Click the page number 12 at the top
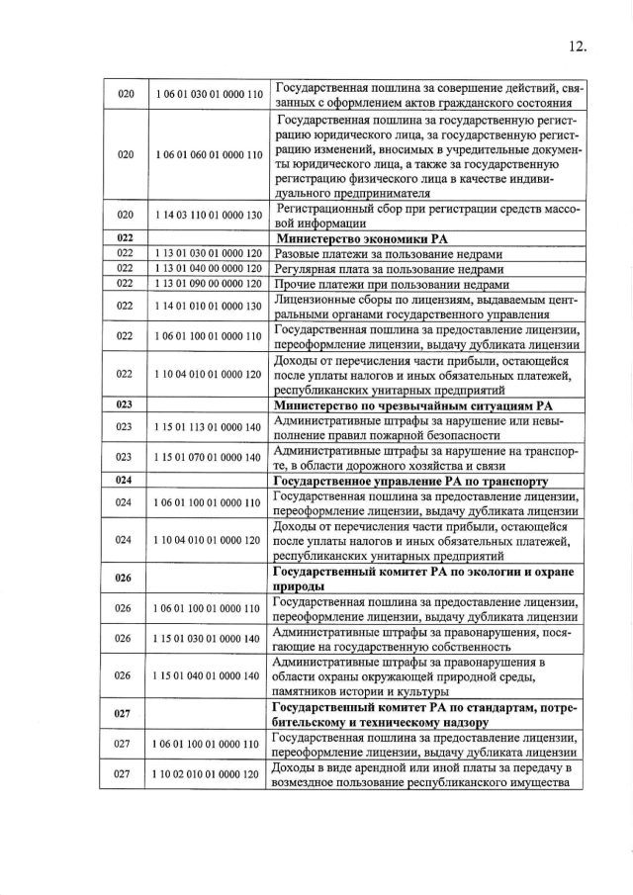pyautogui.click(x=579, y=45)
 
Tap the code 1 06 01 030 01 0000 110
pyautogui.click(x=209, y=94)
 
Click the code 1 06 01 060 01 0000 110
pyautogui.click(x=209, y=155)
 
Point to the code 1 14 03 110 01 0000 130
pyautogui.click(x=209, y=216)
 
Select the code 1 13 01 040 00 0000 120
pyautogui.click(x=209, y=268)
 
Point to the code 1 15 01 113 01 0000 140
pyautogui.click(x=209, y=427)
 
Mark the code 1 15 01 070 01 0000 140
pyautogui.click(x=209, y=458)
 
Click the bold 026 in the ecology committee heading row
pyautogui.click(x=125, y=578)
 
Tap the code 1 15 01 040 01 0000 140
pyautogui.click(x=209, y=675)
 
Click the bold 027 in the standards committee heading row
pyautogui.click(x=125, y=713)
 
